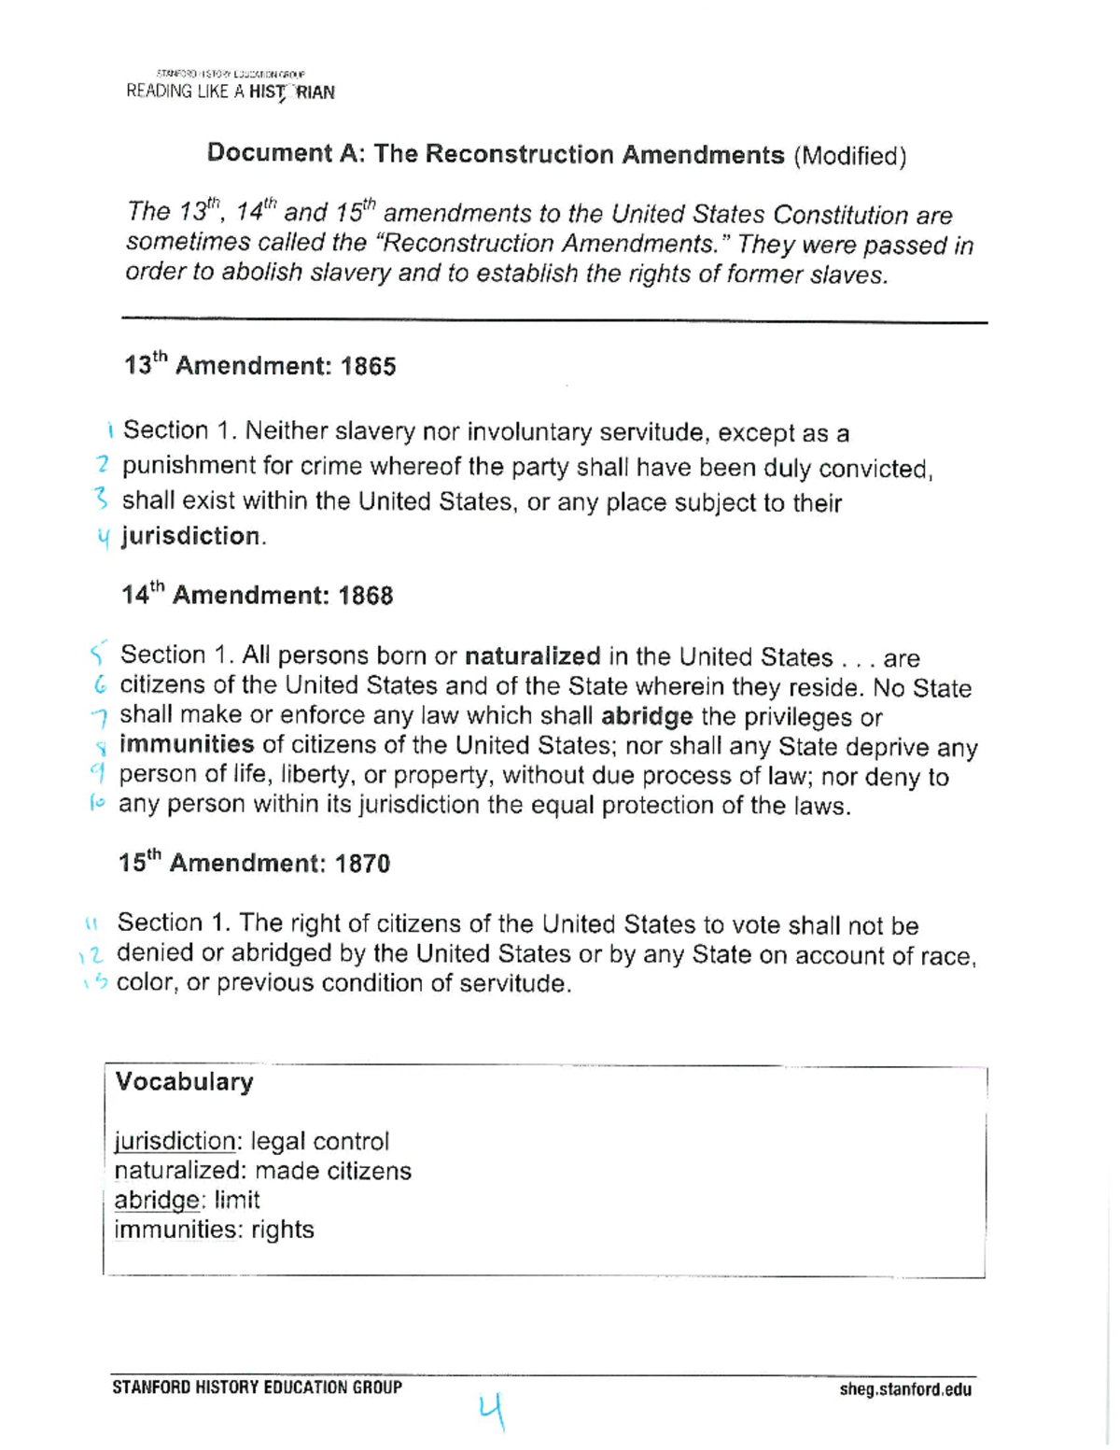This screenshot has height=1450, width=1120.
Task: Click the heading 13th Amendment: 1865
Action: point(259,365)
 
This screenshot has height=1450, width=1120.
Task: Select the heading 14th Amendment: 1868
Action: point(257,595)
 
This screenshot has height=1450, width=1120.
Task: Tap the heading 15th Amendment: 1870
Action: point(254,863)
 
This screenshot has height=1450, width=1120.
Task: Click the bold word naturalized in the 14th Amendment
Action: point(532,656)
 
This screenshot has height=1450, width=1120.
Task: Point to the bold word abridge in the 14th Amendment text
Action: point(647,716)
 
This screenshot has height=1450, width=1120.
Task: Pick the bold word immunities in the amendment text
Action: point(187,745)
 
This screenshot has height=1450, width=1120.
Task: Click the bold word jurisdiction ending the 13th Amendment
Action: point(190,536)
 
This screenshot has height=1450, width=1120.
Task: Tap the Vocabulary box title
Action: point(184,1081)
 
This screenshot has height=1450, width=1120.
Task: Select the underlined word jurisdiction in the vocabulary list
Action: point(175,1141)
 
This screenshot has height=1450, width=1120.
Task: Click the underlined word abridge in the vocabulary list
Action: point(157,1200)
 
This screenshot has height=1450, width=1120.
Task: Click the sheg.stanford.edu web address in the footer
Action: point(904,1389)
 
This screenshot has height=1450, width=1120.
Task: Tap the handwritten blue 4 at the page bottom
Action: point(492,1411)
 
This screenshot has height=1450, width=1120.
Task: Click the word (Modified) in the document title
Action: point(849,156)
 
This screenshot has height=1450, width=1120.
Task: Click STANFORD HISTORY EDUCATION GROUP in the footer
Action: point(257,1387)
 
